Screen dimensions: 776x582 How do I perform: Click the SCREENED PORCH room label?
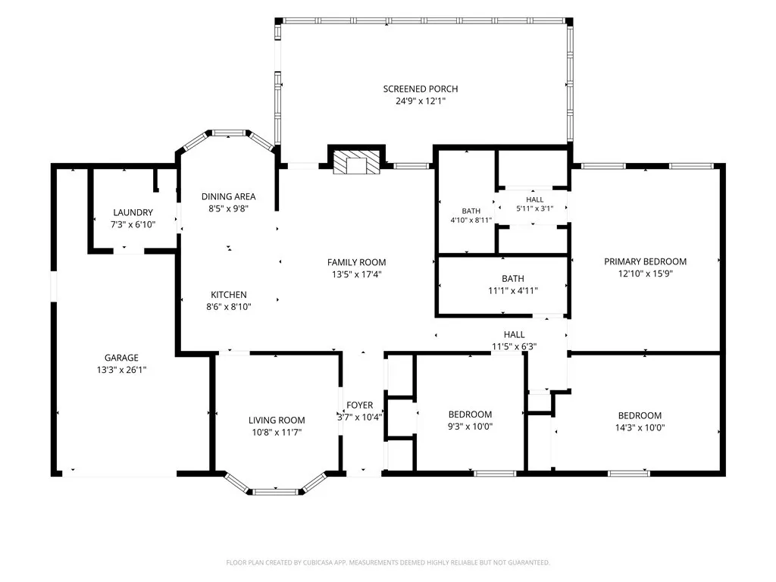420,89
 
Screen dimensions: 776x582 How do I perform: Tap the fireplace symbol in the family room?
355,163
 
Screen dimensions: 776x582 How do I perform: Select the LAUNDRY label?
133,212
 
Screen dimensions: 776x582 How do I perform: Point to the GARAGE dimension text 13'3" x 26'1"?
121,370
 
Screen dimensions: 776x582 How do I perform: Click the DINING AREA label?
228,196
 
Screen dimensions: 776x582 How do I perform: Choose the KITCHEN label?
229,295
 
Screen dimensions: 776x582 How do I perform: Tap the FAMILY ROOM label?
356,262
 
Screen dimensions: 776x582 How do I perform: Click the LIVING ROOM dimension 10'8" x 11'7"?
277,433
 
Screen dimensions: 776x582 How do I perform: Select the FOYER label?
360,405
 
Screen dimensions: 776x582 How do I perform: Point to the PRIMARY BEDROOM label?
645,261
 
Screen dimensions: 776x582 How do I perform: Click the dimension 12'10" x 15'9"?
645,274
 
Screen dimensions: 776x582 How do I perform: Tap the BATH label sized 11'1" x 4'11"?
513,279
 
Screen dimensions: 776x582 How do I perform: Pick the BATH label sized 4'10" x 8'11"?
471,211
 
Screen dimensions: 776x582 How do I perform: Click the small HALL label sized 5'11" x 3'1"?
534,199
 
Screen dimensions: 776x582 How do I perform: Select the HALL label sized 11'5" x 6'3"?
515,334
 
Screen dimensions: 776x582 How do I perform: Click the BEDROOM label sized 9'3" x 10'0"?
470,415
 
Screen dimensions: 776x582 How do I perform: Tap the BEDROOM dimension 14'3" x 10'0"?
640,427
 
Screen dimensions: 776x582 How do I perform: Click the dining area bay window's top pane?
229,133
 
